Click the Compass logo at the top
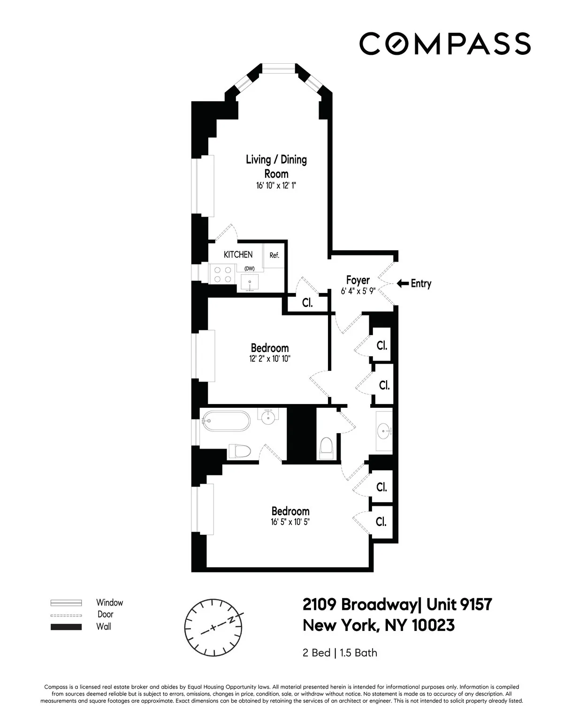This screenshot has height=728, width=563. pyautogui.click(x=445, y=43)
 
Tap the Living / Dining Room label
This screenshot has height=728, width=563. pyautogui.click(x=276, y=166)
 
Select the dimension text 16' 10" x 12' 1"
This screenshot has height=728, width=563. pyautogui.click(x=276, y=186)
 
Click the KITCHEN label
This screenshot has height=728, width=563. pyautogui.click(x=238, y=255)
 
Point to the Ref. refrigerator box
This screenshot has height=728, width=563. pyautogui.click(x=274, y=256)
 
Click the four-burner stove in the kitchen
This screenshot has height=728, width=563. pyautogui.click(x=221, y=274)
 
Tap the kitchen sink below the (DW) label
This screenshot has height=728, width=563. pyautogui.click(x=250, y=283)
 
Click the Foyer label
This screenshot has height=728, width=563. pyautogui.click(x=358, y=280)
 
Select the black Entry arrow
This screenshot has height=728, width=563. pyautogui.click(x=402, y=283)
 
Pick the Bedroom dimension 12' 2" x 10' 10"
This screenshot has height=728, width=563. pyautogui.click(x=269, y=359)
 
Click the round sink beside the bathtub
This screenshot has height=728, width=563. pyautogui.click(x=268, y=417)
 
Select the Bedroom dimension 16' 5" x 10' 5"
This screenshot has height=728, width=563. pyautogui.click(x=290, y=522)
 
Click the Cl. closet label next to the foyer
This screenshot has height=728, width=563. pyautogui.click(x=307, y=303)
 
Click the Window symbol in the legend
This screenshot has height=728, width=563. pyautogui.click(x=66, y=603)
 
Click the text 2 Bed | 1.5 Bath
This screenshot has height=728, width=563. pyautogui.click(x=340, y=653)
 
